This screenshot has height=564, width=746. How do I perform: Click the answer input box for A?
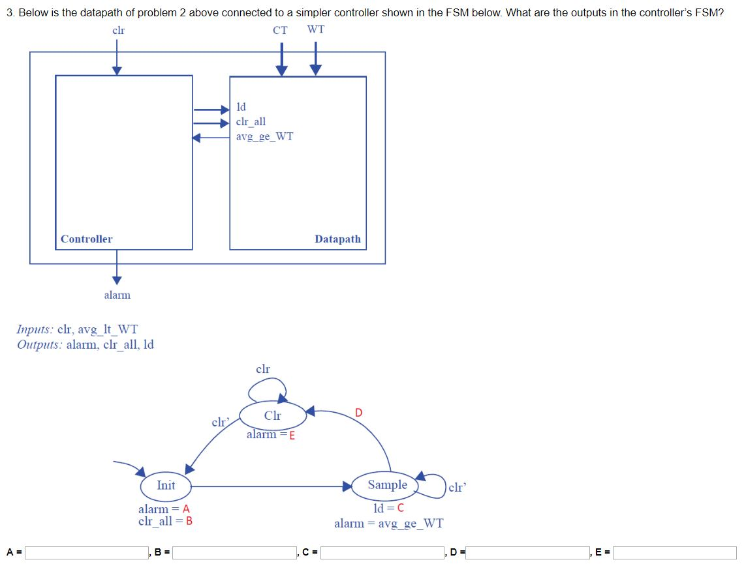pos(86,553)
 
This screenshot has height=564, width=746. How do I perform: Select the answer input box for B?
pos(233,553)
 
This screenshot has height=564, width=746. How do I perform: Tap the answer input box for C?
pos(381,553)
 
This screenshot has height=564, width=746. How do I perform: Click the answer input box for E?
pos(675,553)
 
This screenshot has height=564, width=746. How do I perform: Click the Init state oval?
pos(166,486)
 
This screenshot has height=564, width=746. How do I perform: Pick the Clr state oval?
pos(273,416)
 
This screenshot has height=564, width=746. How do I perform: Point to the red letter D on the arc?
pos(358,412)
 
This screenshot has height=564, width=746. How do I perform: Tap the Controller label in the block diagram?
pos(86,239)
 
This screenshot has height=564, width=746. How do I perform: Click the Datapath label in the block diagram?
pos(337,239)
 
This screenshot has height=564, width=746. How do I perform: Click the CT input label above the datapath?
pos(280,30)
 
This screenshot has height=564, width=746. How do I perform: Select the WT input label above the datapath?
pos(315,30)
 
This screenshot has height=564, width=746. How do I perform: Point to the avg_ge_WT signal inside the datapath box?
pos(264,136)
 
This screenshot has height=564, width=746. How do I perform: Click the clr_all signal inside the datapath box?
pos(251,121)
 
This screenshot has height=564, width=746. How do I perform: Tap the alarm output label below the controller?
pos(117,295)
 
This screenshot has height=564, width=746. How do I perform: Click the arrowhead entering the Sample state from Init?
pos(348,486)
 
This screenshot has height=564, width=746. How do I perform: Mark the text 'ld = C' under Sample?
pos(388,509)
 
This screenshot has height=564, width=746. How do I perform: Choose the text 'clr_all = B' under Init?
pos(165,521)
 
